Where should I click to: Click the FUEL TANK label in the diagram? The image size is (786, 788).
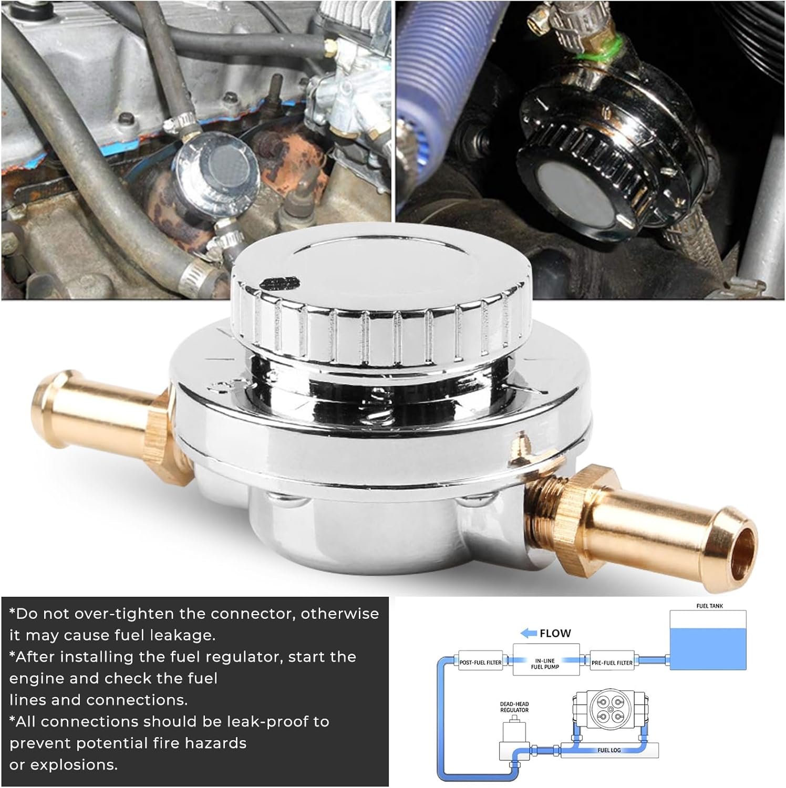(709, 606)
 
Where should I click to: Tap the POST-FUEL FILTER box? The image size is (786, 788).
(480, 662)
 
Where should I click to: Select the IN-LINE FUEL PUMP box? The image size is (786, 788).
(547, 663)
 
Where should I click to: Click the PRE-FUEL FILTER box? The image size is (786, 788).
(612, 662)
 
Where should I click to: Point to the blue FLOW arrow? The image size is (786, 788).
(528, 633)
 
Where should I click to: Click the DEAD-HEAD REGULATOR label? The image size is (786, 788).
(514, 707)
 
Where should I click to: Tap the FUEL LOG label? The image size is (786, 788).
(609, 750)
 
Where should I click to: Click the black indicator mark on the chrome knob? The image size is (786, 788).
(275, 284)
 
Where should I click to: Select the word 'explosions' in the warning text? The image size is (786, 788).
(74, 765)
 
